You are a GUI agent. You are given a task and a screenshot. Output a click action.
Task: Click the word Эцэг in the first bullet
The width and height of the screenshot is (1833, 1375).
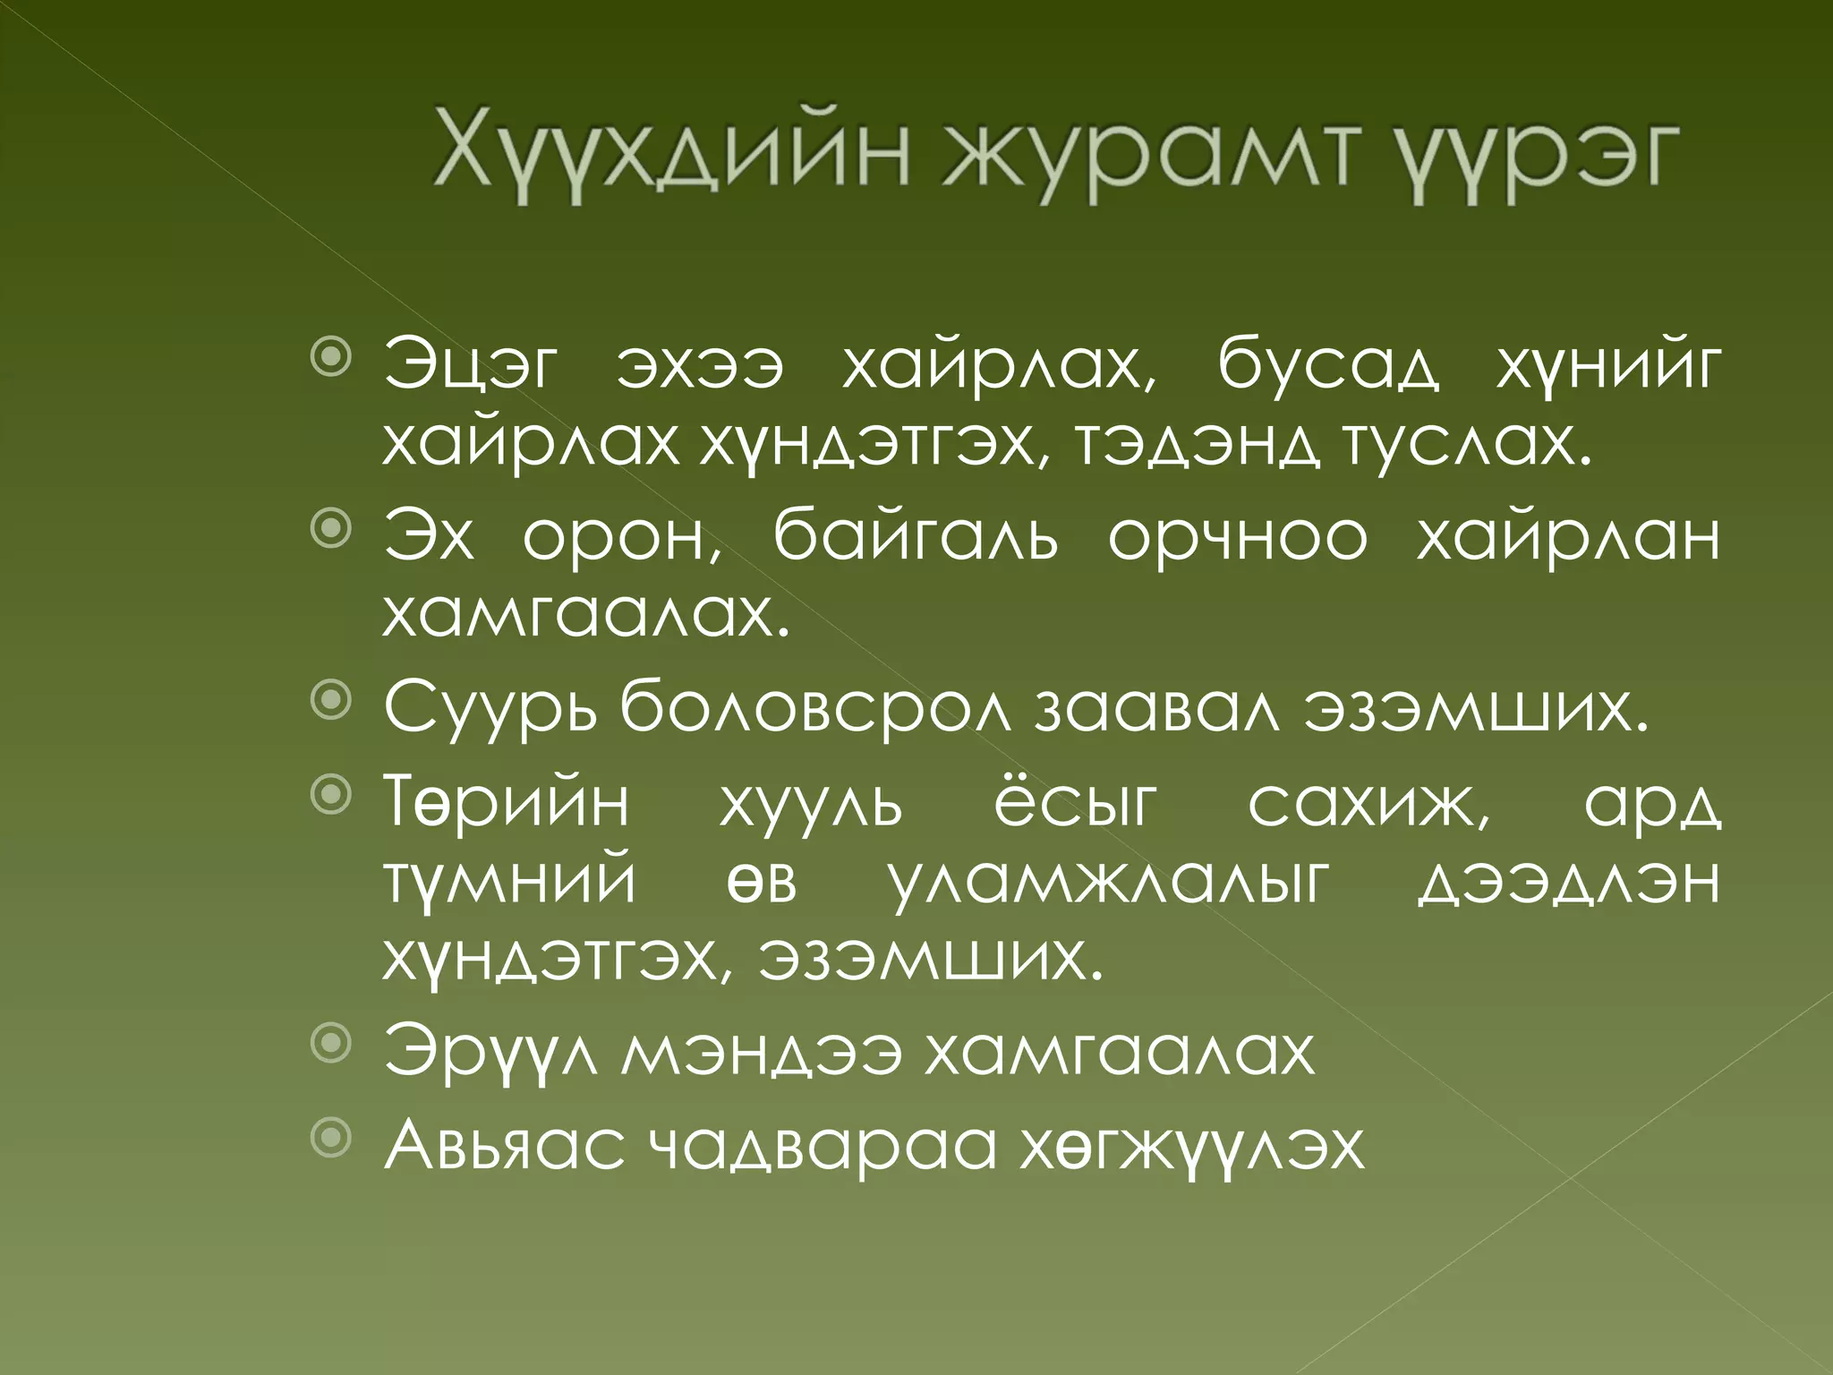(x=471, y=367)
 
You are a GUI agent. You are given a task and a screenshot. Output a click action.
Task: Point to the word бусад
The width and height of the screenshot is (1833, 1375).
(x=1329, y=367)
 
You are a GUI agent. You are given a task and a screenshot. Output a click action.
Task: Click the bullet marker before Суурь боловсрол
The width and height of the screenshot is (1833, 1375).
(x=331, y=702)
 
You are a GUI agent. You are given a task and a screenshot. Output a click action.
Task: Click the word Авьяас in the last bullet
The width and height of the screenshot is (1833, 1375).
(x=505, y=1146)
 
